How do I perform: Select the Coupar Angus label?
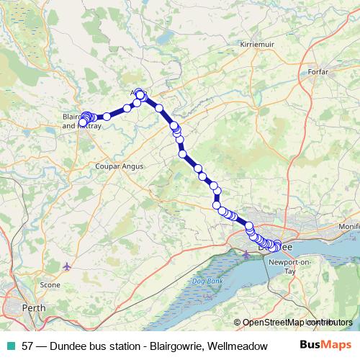click(120, 166)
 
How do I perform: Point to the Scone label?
click(50, 285)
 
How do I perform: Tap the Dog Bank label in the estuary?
click(207, 280)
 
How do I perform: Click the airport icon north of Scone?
click(68, 267)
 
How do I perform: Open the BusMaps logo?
click(325, 346)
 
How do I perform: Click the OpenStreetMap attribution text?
click(276, 322)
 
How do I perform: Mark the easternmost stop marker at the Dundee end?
click(278, 246)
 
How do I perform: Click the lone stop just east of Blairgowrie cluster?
click(107, 116)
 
